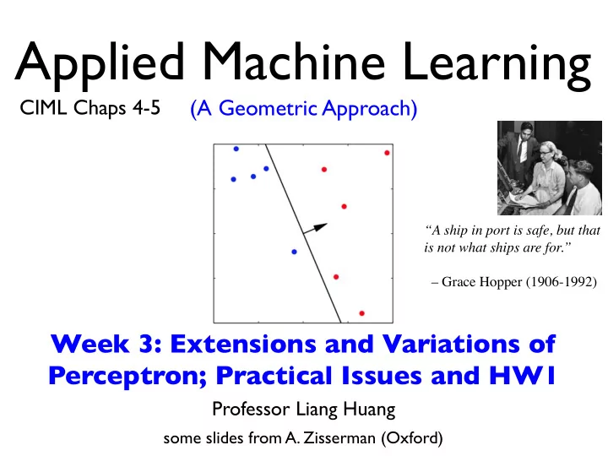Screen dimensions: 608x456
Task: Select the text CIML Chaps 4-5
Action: point(90,108)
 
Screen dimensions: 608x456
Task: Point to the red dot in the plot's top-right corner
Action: point(387,153)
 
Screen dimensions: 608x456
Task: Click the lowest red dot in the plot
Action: point(361,313)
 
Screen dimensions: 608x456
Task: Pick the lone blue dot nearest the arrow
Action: point(295,252)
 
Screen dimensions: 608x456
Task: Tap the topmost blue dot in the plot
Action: point(236,149)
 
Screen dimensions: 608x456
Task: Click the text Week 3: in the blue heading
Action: point(106,344)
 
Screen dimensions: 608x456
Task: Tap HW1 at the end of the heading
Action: point(523,375)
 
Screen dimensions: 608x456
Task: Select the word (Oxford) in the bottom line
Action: point(412,438)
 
